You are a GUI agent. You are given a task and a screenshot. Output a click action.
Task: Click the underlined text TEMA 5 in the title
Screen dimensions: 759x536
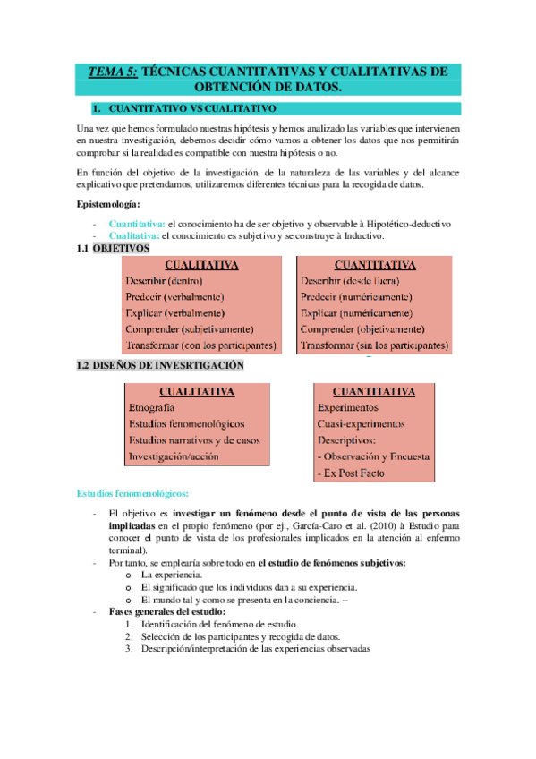click(113, 72)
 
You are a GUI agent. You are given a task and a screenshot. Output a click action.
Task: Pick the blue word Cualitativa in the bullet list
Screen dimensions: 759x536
click(134, 235)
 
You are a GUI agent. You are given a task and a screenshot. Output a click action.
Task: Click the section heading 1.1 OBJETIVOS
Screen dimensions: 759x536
click(113, 248)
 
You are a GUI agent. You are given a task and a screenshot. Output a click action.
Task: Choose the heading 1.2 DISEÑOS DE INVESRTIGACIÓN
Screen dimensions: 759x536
click(160, 366)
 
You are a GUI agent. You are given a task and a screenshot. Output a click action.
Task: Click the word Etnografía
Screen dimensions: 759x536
click(152, 407)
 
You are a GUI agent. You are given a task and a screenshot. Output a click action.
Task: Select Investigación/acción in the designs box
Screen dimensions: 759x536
click(174, 456)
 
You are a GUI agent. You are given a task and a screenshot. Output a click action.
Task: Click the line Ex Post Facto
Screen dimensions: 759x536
click(351, 473)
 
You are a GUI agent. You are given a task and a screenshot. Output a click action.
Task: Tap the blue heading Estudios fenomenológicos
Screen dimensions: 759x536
click(132, 493)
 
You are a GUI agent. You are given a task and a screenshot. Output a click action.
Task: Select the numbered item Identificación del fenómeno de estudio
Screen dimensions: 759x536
click(220, 624)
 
